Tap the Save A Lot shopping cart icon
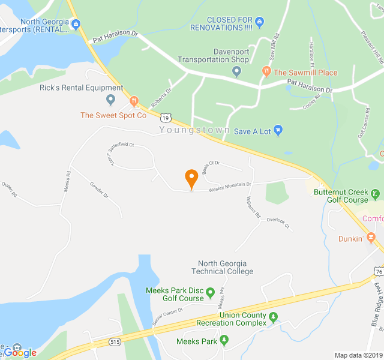click(x=278, y=130)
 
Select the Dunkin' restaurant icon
click(x=372, y=238)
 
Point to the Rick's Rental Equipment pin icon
click(x=110, y=100)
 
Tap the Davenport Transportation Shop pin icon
click(x=236, y=72)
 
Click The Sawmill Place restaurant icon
click(x=266, y=72)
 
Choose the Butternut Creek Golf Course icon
click(x=375, y=193)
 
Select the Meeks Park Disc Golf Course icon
click(x=210, y=293)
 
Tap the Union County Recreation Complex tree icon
click(x=274, y=317)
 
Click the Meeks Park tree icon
click(x=224, y=341)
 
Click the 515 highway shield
click(x=114, y=341)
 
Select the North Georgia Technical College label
click(x=226, y=267)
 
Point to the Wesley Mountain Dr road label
click(x=229, y=188)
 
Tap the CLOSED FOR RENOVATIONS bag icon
click(x=259, y=23)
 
